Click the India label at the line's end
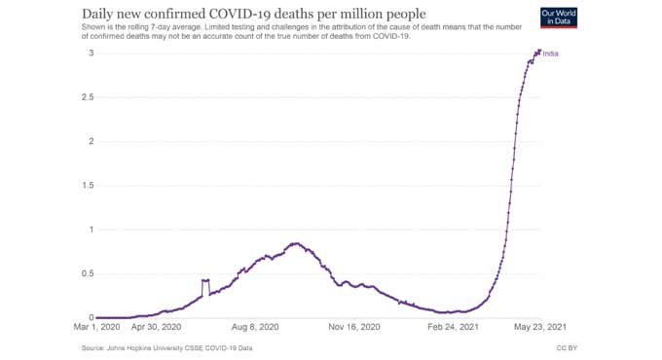551,53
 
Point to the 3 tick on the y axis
91,53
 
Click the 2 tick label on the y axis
91,141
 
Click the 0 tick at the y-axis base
91,317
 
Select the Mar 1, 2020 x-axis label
97,328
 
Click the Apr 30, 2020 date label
156,328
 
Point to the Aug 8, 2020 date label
255,328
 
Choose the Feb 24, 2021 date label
453,328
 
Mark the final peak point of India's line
538,52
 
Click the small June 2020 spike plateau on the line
205,280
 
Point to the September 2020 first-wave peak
295,243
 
